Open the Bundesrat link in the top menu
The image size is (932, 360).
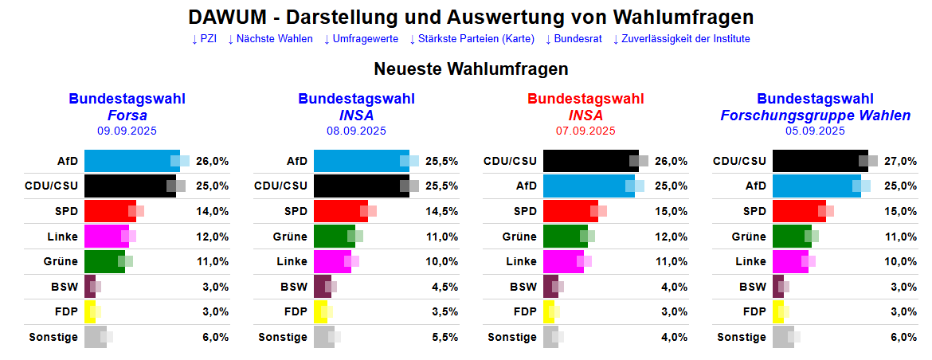coord(574,38)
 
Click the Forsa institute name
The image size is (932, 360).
coord(127,115)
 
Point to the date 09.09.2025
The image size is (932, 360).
coord(127,131)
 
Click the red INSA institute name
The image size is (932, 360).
coord(585,115)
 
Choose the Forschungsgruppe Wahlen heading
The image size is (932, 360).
coord(815,115)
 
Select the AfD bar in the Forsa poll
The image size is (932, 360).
coord(131,161)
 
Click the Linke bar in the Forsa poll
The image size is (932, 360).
coord(107,237)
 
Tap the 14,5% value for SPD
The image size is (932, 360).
coord(442,211)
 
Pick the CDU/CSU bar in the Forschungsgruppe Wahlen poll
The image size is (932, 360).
coord(820,161)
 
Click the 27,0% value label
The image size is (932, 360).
coord(901,161)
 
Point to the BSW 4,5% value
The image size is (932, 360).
coord(442,287)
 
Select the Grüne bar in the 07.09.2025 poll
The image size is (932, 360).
coord(565,237)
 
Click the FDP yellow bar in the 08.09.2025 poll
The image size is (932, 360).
coord(320,311)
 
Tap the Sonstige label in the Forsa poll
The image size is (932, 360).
coord(53,337)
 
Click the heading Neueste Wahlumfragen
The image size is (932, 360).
coord(471,68)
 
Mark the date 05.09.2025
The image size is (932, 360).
coord(815,131)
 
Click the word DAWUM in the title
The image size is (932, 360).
coord(226,18)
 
